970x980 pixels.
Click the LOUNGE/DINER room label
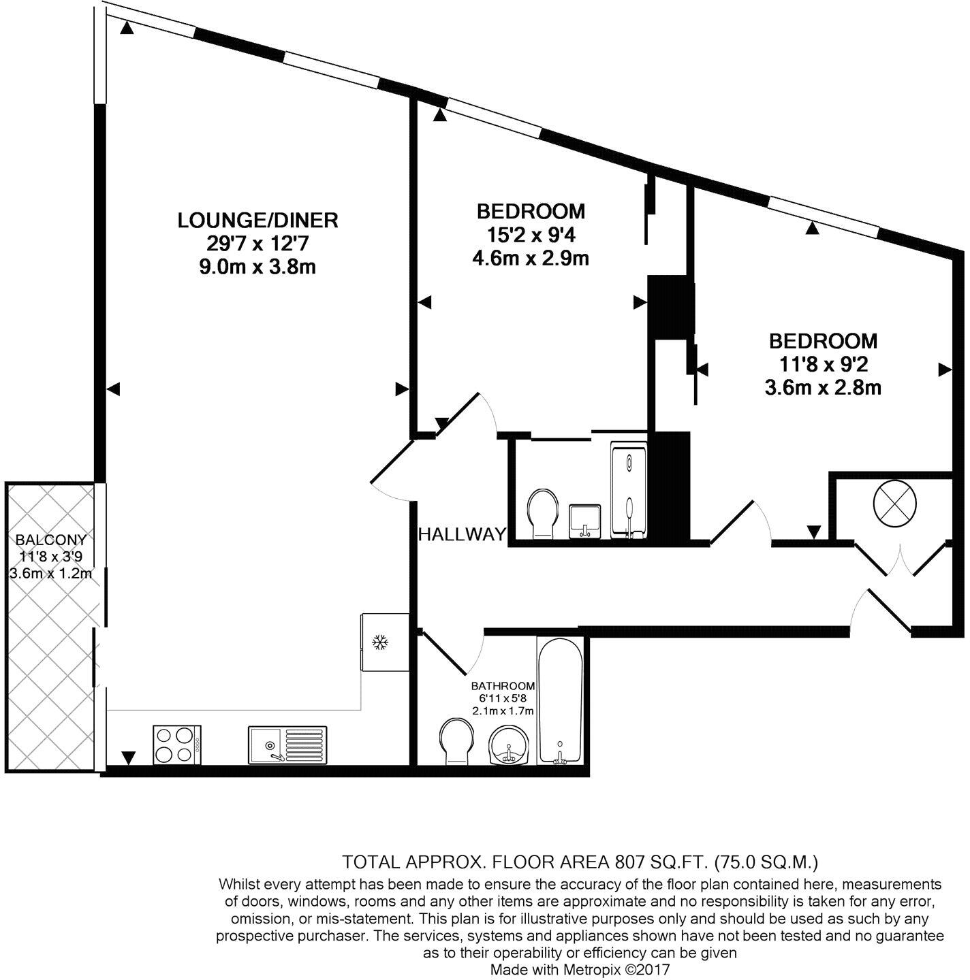(x=257, y=220)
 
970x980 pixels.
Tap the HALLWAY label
(x=463, y=534)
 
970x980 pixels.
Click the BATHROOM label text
(x=503, y=686)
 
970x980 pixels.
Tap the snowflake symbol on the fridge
(x=379, y=642)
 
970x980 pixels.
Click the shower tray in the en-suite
(x=629, y=490)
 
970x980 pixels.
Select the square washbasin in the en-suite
(x=584, y=521)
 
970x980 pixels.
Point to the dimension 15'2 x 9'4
(x=530, y=235)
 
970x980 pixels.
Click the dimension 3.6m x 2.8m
(x=823, y=388)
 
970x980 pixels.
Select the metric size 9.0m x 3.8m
(x=257, y=267)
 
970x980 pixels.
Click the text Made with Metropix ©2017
(x=580, y=969)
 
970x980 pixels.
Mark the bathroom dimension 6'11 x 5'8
(x=503, y=698)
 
